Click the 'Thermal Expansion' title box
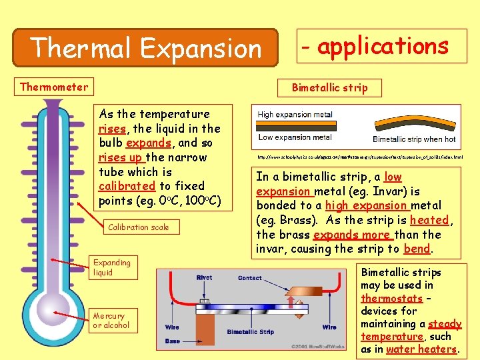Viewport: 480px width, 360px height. (x=146, y=47)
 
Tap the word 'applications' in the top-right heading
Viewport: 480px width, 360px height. (x=383, y=46)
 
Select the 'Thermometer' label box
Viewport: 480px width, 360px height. (x=54, y=87)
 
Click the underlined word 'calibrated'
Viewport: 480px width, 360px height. (x=127, y=186)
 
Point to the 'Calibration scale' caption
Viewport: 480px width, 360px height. (x=139, y=227)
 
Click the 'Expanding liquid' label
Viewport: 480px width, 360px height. (x=112, y=267)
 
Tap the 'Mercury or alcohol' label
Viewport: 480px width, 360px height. (x=111, y=321)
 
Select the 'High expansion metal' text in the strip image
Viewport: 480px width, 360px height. (x=295, y=115)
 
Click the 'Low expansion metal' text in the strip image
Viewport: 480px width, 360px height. (x=295, y=137)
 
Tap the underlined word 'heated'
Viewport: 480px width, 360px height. (x=429, y=220)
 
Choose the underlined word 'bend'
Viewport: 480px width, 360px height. (x=417, y=249)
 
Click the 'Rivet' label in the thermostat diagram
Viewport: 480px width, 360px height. (x=204, y=277)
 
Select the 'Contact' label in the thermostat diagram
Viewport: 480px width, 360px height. (x=250, y=277)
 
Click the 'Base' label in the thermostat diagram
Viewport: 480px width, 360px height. (x=172, y=341)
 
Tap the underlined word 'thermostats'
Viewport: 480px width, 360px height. (x=391, y=299)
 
